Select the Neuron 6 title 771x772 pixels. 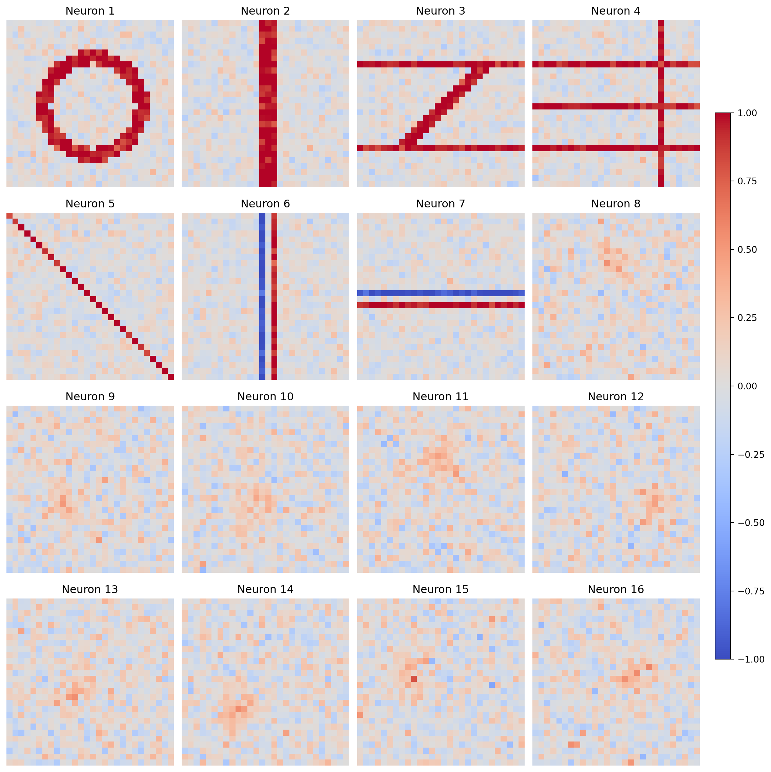pos(265,204)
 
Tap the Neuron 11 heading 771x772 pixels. pos(441,397)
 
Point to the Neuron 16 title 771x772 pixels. pos(615,589)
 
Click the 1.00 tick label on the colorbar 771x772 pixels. pos(747,114)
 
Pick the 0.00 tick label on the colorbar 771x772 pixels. pos(747,386)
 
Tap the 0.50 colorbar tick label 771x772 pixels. pos(747,250)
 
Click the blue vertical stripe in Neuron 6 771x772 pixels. pos(262,296)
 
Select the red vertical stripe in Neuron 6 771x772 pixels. pos(274,296)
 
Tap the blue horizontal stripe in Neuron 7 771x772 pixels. pos(441,293)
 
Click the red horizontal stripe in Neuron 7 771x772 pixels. pos(441,305)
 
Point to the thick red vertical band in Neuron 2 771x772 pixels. pos(268,103)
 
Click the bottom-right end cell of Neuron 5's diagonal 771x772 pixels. pos(171,377)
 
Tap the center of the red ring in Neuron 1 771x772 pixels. pos(93,106)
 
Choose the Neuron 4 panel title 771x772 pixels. pos(615,11)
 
